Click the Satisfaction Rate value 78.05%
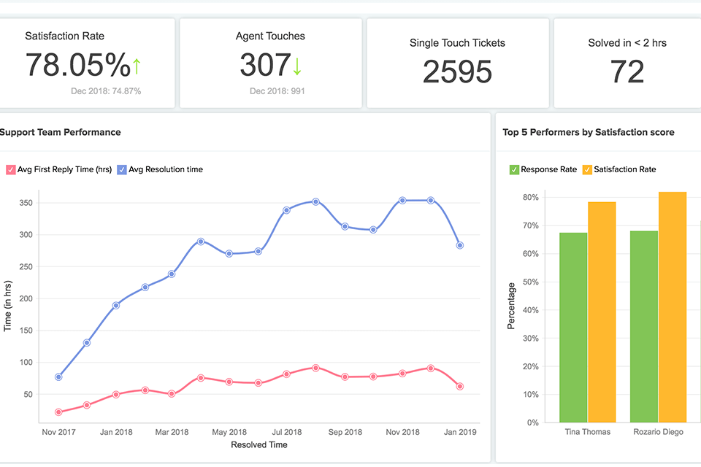(78, 65)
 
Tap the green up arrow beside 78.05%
(137, 66)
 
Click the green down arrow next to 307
(296, 66)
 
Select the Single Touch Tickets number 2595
(457, 72)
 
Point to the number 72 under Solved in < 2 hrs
(627, 72)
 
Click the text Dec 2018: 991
(277, 91)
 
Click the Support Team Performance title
(60, 132)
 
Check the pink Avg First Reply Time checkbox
(11, 169)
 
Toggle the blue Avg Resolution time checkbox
(122, 169)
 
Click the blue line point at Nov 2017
(58, 377)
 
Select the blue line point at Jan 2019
(459, 245)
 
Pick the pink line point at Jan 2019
(459, 387)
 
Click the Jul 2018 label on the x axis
(286, 432)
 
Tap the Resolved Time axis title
(258, 444)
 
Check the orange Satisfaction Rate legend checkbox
(587, 169)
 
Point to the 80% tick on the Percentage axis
(530, 197)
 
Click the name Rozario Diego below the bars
(657, 432)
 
